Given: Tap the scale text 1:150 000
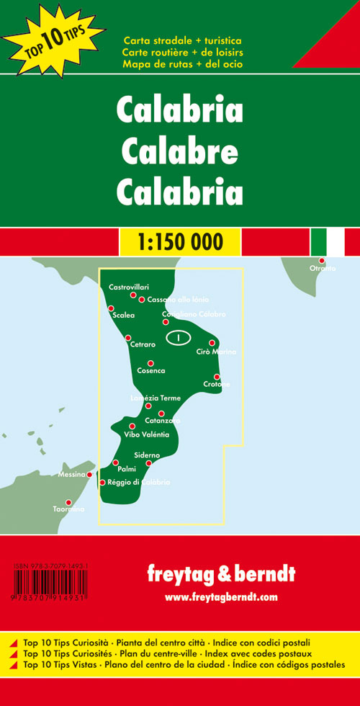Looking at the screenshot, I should (x=179, y=241).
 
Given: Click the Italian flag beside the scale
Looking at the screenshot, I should (x=328, y=241).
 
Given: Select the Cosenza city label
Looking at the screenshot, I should (x=151, y=370).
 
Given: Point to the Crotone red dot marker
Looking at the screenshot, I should (x=217, y=377).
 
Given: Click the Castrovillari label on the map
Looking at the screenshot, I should (x=129, y=287).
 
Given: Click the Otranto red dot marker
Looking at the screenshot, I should (x=323, y=260).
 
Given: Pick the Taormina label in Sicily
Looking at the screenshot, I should (x=68, y=510).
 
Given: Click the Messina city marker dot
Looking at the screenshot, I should (x=89, y=475).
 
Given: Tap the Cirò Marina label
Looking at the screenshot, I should (x=216, y=352).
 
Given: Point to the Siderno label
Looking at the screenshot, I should (x=147, y=455).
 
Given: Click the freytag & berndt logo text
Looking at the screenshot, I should (x=220, y=574).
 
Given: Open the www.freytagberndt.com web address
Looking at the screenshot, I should (x=220, y=597).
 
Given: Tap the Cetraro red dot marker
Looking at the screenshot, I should (x=128, y=338).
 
